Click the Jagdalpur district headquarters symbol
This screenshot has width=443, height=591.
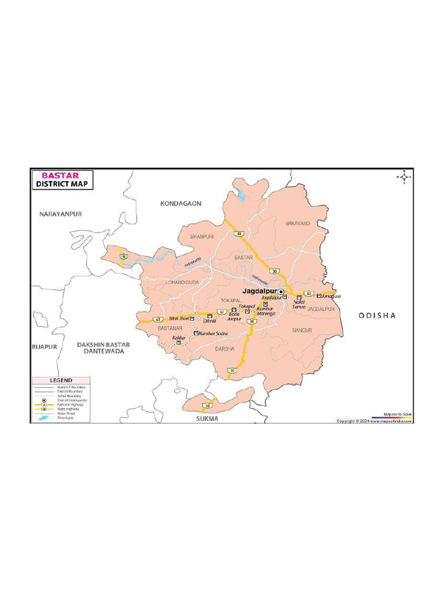(281, 293)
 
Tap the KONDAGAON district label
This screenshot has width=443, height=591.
(181, 203)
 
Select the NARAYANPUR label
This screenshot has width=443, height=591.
(61, 214)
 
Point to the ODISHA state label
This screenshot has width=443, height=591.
(377, 315)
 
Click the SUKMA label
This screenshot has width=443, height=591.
(207, 418)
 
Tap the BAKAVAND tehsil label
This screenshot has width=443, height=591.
(298, 223)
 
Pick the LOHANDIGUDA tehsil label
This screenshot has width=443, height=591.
(182, 282)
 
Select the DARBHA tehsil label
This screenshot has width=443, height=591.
(225, 349)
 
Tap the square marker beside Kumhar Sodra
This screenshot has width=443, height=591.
(196, 333)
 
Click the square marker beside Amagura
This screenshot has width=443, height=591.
(319, 296)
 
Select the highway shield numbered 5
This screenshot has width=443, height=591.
(123, 256)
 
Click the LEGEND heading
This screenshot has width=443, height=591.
(61, 380)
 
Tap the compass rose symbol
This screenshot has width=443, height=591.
(404, 177)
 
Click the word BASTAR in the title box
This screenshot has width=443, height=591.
(60, 175)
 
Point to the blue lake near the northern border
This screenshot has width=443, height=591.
(241, 196)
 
